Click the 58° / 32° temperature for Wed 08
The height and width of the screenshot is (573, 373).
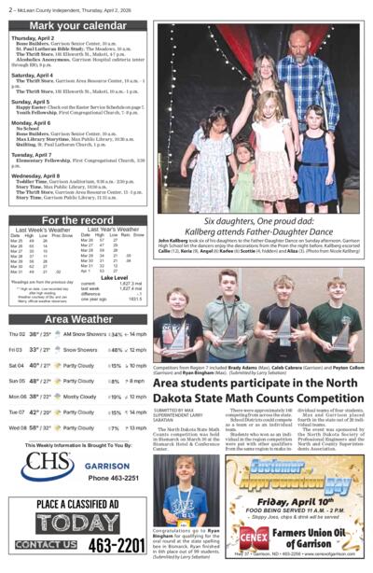38,427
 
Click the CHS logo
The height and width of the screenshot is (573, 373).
47,463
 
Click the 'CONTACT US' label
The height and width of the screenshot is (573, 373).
45,545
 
